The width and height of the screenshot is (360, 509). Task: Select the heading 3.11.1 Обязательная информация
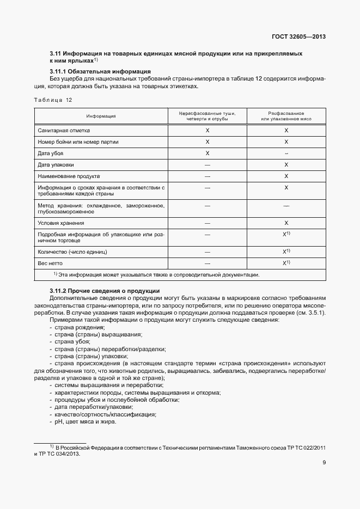tap(100, 72)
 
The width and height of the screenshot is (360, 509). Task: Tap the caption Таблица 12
tap(53, 100)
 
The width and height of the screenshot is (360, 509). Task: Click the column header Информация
tap(101, 116)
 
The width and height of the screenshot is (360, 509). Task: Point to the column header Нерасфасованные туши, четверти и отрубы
tap(207, 116)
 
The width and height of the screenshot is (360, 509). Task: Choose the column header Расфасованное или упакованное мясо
tap(286, 116)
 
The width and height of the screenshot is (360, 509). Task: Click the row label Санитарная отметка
tap(64, 131)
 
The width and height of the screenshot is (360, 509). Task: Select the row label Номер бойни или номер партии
tap(78, 142)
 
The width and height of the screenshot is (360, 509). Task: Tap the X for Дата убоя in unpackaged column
tap(207, 154)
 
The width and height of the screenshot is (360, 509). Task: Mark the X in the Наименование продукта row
tap(286, 176)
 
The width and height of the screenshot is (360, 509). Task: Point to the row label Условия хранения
tap(61, 223)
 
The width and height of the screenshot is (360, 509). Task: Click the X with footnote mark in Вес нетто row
tap(286, 263)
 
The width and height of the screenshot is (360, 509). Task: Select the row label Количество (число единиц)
tap(72, 252)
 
